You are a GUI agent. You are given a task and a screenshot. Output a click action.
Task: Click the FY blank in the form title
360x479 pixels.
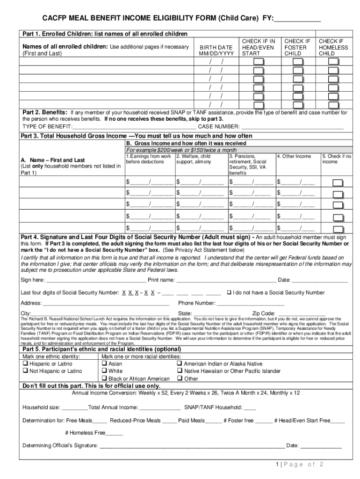(297, 19)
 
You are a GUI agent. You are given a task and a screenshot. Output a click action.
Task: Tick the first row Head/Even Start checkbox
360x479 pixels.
(259, 62)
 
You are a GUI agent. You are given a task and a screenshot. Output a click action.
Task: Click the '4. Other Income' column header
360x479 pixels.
(294, 156)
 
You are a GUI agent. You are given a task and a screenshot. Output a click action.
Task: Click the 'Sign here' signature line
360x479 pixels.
(96, 281)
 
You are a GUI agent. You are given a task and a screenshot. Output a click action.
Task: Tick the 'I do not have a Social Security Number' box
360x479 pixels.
(229, 293)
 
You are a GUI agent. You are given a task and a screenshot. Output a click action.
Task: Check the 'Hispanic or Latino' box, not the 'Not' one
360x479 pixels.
(26, 364)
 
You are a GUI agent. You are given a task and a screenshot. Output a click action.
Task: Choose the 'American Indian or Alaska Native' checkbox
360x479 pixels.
(180, 364)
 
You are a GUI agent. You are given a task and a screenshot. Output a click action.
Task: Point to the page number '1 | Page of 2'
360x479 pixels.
(300, 464)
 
